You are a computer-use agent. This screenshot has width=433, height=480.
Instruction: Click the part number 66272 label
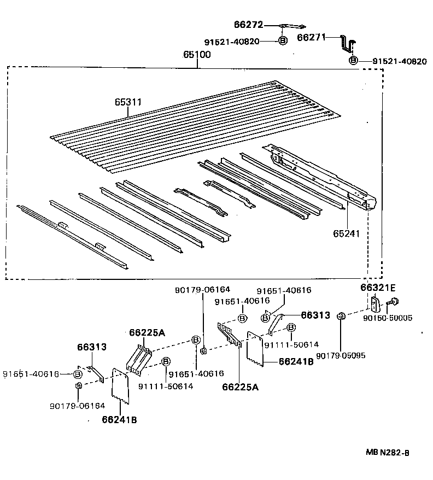[x=249, y=25]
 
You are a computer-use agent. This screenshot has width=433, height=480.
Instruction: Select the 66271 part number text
[x=311, y=38]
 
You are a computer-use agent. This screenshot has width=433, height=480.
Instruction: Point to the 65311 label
[x=128, y=102]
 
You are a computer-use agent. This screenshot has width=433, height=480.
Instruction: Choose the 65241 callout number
[x=347, y=233]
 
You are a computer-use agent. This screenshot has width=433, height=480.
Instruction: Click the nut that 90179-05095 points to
[x=340, y=315]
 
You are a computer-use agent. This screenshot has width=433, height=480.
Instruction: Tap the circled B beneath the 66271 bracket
[x=353, y=60]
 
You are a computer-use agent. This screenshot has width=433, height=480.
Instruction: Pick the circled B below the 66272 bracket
[x=283, y=40]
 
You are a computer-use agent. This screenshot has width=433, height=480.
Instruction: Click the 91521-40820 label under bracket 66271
[x=399, y=61]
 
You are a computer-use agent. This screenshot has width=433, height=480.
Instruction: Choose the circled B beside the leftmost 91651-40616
[x=77, y=374]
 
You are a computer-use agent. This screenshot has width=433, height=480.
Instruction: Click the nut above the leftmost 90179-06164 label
[x=78, y=388]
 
